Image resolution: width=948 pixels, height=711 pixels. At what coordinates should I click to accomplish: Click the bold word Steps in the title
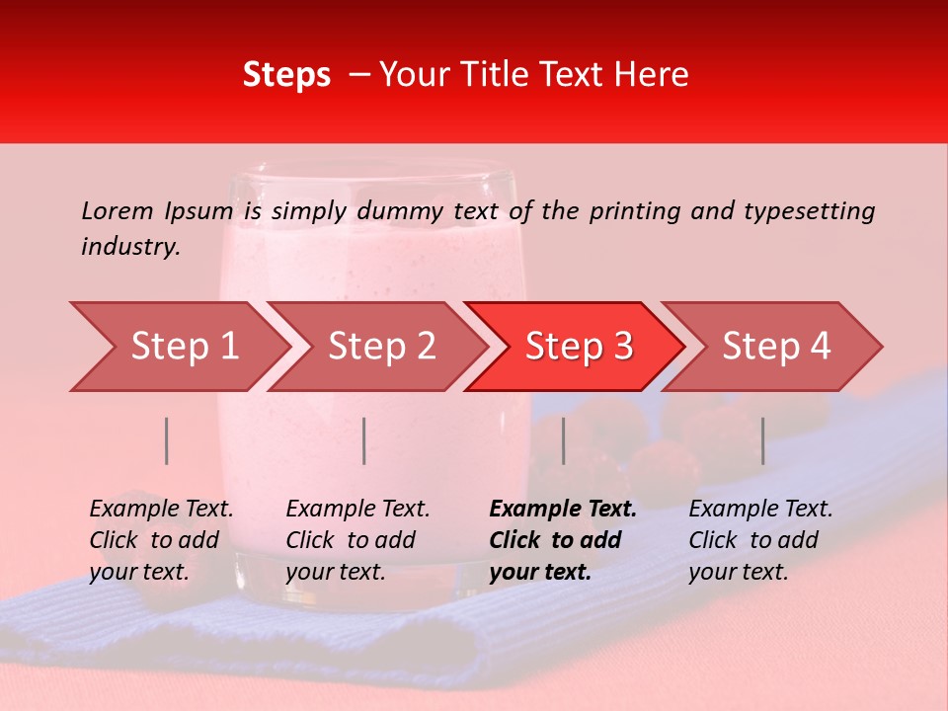(286, 75)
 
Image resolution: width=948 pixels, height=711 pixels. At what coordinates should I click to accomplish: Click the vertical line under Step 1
(167, 440)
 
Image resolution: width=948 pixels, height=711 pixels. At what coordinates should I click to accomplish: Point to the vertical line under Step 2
(364, 440)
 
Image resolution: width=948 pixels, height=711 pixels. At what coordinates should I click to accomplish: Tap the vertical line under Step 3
(563, 440)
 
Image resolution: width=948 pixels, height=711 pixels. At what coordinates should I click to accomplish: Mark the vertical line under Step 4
(762, 440)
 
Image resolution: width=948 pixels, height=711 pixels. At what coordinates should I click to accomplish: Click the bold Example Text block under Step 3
(563, 540)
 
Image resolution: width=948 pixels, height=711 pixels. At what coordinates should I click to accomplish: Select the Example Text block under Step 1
(161, 540)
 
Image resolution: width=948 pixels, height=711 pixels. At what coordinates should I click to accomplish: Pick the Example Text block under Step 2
(357, 540)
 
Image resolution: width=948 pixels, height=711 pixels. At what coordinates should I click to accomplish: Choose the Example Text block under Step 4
(760, 540)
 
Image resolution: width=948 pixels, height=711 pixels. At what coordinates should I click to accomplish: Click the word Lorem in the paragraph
(118, 210)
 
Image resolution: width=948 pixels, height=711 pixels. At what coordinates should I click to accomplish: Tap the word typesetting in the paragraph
(808, 210)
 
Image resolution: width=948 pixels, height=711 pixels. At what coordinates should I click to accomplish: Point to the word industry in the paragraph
(130, 246)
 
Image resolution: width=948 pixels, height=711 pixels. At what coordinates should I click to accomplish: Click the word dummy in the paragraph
(399, 210)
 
